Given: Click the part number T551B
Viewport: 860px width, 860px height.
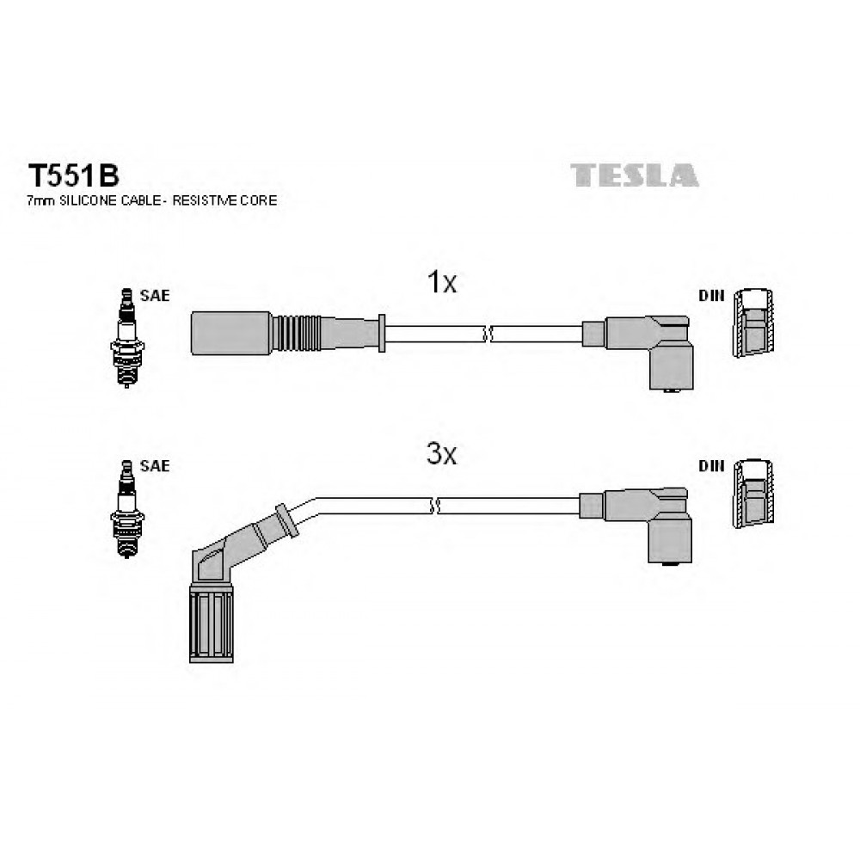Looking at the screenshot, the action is point(73,176).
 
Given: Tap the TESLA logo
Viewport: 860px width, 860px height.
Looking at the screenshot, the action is point(634,175).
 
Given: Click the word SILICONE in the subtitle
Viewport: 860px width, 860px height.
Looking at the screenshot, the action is point(89,200).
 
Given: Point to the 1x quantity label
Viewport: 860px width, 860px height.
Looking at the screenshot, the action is point(441,282).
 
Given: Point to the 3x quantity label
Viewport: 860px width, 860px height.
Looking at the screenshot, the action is point(441,453).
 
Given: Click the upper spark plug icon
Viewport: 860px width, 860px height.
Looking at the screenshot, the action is point(127,337).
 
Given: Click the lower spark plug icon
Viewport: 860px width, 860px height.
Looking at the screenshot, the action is point(127,509).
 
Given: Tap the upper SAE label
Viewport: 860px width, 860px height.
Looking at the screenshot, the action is point(155,296).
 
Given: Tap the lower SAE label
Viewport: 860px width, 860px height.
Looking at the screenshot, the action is point(155,465).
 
